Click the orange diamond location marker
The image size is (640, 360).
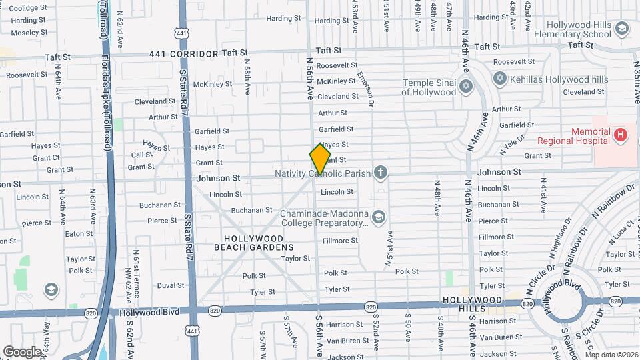pyautogui.click(x=320, y=160)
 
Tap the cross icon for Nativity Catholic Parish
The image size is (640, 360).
pyautogui.click(x=381, y=173)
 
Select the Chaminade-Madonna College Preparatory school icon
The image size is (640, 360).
pyautogui.click(x=379, y=217)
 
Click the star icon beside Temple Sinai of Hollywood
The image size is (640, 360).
pyautogui.click(x=465, y=87)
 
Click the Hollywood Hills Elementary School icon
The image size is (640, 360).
pyautogui.click(x=621, y=29)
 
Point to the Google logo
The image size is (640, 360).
pyautogui.click(x=22, y=351)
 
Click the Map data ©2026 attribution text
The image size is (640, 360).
pyautogui.click(x=611, y=355)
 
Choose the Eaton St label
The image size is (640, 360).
pyautogui.click(x=79, y=234)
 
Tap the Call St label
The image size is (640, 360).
pyautogui.click(x=142, y=155)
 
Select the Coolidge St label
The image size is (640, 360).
pyautogui.click(x=27, y=8)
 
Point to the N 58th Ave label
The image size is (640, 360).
pyautogui.click(x=247, y=78)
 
